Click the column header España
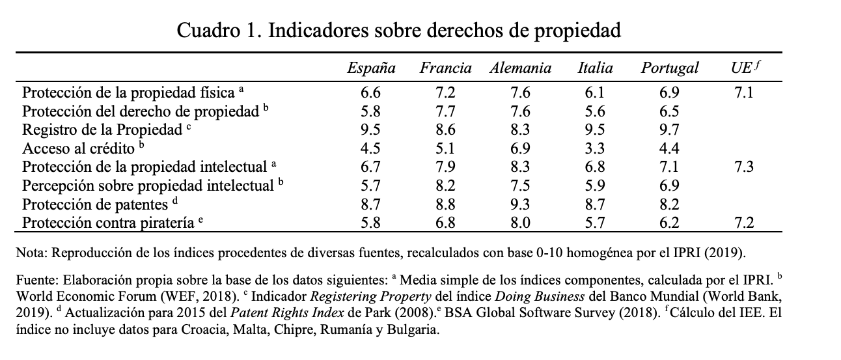tap(371, 68)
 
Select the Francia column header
tap(446, 68)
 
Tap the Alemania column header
tap(521, 68)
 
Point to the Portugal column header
tap(669, 68)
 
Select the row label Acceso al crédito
tap(78, 147)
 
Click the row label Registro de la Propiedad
tap(102, 129)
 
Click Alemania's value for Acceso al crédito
tap(521, 148)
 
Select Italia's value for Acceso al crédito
tap(595, 148)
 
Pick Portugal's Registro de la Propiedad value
tap(669, 129)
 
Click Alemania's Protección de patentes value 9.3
tap(521, 204)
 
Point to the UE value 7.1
tap(743, 92)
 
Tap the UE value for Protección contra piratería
tap(743, 223)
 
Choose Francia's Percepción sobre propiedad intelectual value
tap(446, 186)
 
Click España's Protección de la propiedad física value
tap(371, 92)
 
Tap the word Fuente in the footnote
tap(32, 282)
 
